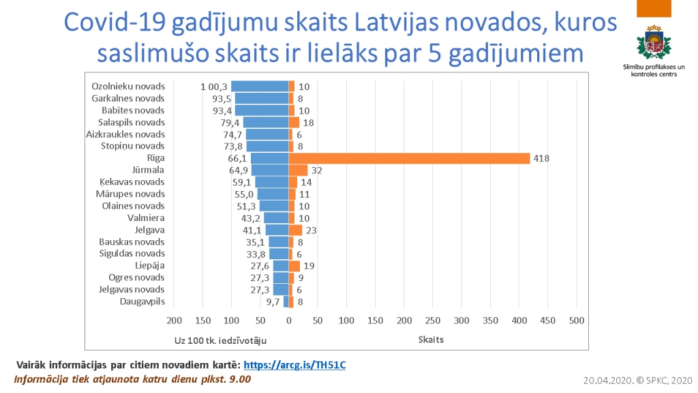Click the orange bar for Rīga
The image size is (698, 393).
tap(409, 158)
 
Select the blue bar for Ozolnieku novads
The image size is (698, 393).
tap(260, 87)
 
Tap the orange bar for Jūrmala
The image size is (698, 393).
tap(298, 170)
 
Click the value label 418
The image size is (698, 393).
tap(541, 158)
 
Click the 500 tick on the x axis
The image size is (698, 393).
tap(577, 321)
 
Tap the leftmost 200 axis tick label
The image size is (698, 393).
tap(174, 321)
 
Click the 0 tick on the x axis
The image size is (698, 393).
tap(289, 321)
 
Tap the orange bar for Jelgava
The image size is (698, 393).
tap(295, 230)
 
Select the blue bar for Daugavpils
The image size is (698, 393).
tap(286, 302)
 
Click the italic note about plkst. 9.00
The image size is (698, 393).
tap(133, 379)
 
